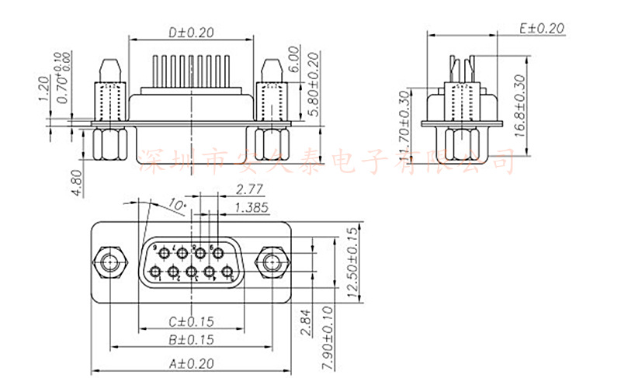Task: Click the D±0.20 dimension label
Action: tap(191, 33)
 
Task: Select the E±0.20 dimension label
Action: tap(541, 28)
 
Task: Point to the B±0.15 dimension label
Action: tap(191, 339)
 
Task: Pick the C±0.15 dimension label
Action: tap(191, 321)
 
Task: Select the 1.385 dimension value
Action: tap(251, 206)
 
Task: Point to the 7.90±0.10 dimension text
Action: tap(327, 335)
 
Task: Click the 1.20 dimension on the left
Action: tap(43, 89)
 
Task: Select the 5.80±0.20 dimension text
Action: tap(314, 85)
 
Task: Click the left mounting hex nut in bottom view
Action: tap(109, 263)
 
